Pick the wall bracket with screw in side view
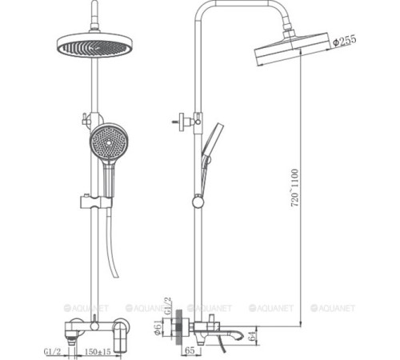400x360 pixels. click(182, 121)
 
